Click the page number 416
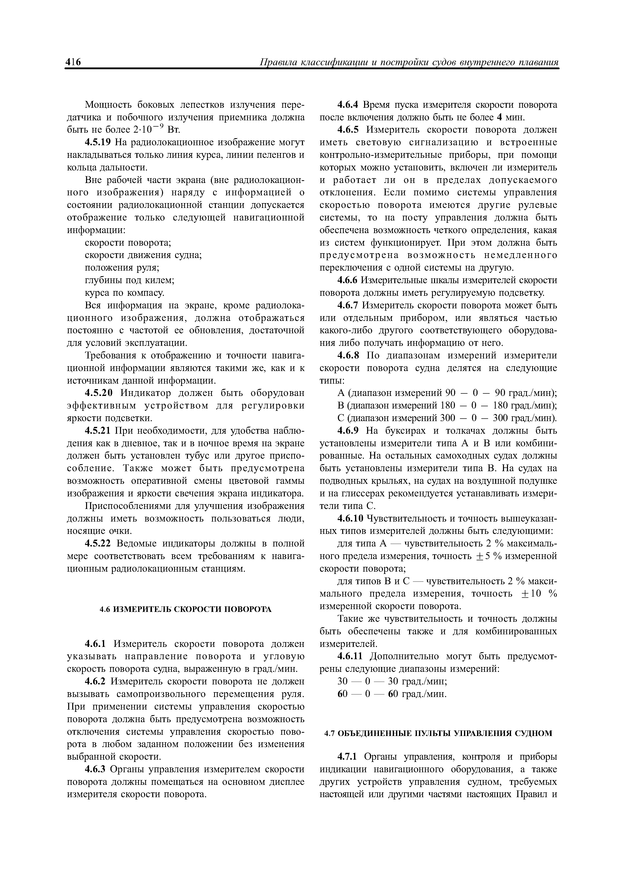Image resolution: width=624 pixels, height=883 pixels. click(x=73, y=62)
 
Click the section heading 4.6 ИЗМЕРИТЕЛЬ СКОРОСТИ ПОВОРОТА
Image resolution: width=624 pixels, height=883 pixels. click(x=185, y=609)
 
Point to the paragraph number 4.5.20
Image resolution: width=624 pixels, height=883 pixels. click(x=99, y=393)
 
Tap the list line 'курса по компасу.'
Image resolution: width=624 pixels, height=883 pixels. click(x=125, y=293)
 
